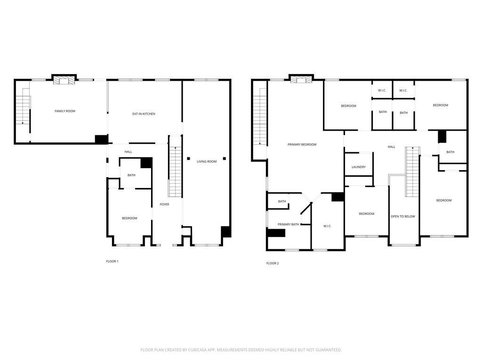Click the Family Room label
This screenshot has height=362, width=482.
click(65, 111)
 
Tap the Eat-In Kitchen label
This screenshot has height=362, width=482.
click(144, 114)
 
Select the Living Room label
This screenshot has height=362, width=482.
click(207, 162)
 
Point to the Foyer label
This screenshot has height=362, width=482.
click(164, 205)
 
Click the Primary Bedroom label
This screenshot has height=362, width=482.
click(302, 145)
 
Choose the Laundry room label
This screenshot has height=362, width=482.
click(359, 167)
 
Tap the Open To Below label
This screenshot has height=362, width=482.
click(403, 217)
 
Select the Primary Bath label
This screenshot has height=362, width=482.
click(288, 224)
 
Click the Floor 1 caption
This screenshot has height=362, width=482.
click(112, 261)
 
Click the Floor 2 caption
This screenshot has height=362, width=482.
click(273, 263)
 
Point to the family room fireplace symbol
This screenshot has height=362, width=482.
click(64, 81)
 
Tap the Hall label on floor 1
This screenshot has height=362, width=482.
click(128, 152)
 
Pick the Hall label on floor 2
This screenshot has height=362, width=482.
click(391, 147)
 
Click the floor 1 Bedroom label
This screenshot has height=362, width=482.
click(129, 218)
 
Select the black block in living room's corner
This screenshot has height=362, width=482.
click(226, 232)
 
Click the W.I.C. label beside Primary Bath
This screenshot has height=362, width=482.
click(328, 226)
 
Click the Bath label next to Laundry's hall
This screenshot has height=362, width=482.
click(450, 152)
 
